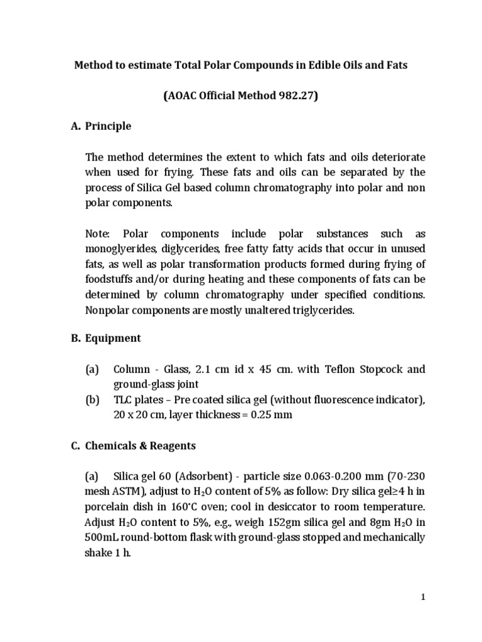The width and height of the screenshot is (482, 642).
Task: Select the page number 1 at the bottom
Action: pos(424,597)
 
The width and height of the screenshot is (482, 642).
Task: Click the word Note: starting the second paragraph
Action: pos(98,234)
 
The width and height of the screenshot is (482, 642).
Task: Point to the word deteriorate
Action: pos(397,157)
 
